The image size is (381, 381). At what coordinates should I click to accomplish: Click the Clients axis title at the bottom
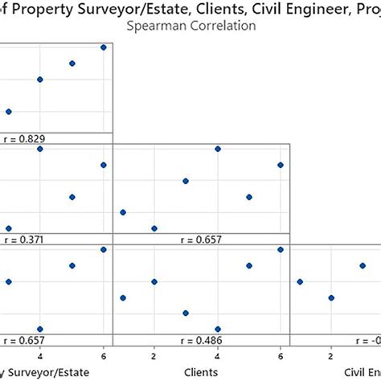pyautogui.click(x=201, y=372)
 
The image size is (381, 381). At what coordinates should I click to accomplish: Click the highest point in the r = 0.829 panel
pyautogui.click(x=104, y=47)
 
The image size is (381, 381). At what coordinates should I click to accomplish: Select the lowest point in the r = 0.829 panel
pyautogui.click(x=9, y=112)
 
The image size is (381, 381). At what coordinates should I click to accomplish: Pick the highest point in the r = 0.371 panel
pyautogui.click(x=40, y=149)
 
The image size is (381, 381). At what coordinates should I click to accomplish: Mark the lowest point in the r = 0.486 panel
pyautogui.click(x=217, y=329)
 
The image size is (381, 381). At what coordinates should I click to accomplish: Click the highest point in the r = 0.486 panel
pyautogui.click(x=281, y=249)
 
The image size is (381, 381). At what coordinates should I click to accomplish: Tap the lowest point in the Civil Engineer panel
pyautogui.click(x=331, y=297)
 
